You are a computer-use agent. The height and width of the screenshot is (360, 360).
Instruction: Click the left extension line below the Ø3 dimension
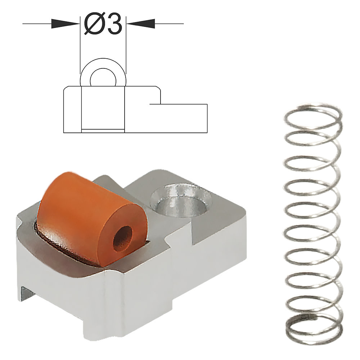(80, 54)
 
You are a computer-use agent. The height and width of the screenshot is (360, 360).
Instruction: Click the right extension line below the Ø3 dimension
(126, 54)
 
